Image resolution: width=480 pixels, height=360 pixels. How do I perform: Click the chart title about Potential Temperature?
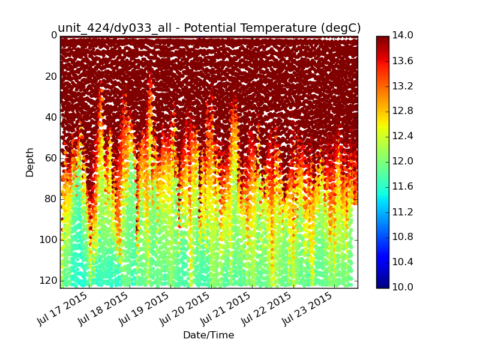[x=209, y=28]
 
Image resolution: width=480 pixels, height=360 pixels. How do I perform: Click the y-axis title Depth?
[x=29, y=162]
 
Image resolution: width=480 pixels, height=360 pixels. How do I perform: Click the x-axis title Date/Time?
[x=208, y=335]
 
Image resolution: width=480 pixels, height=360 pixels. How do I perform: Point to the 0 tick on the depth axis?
[x=54, y=35]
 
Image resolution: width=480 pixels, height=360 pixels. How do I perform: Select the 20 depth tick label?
[x=51, y=77]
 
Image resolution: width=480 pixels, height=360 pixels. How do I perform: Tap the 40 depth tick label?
[x=51, y=117]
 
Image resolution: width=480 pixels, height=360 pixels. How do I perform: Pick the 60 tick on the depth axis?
[x=51, y=158]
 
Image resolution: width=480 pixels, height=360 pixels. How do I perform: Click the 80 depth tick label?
[x=51, y=199]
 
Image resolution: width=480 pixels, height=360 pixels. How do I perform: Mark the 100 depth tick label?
[x=49, y=239]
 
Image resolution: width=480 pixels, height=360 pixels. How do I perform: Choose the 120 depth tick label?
[x=49, y=280]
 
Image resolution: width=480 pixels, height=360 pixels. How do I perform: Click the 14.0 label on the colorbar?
[x=403, y=35]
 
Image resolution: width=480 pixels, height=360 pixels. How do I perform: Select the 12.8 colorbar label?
[x=403, y=111]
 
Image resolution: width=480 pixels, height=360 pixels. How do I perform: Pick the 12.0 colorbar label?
[x=403, y=161]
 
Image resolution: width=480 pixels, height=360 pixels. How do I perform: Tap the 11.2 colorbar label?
[x=403, y=212]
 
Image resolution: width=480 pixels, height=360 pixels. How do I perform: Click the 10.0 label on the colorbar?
[x=403, y=287]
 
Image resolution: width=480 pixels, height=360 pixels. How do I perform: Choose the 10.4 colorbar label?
[x=403, y=262]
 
